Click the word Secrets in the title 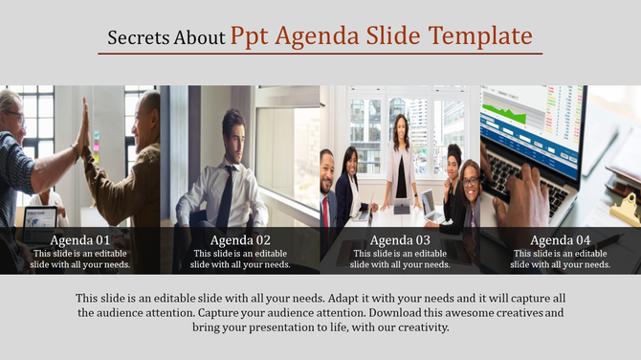[138, 38]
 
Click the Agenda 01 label [80, 240]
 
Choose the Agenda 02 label [240, 240]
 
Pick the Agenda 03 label [400, 240]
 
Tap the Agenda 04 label [560, 240]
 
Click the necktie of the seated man [227, 196]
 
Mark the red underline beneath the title [320, 54]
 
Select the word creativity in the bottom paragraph [416, 326]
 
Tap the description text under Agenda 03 [400, 259]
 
